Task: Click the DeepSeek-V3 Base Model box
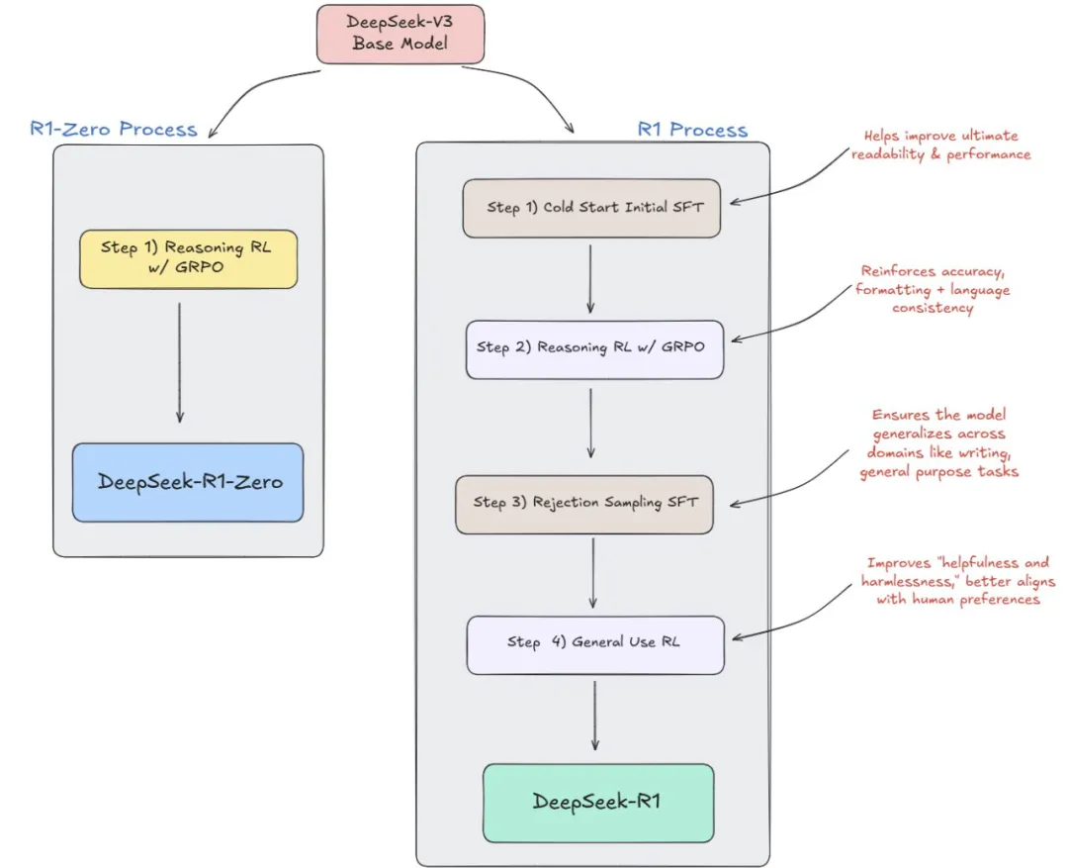pyautogui.click(x=400, y=34)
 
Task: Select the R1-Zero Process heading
pyautogui.click(x=114, y=129)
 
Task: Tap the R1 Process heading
pyautogui.click(x=692, y=130)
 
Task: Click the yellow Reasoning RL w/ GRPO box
pyautogui.click(x=188, y=259)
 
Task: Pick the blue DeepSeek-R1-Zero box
pyautogui.click(x=188, y=483)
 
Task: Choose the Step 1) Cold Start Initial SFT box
pyautogui.click(x=591, y=208)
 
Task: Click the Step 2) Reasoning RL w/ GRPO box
pyautogui.click(x=594, y=349)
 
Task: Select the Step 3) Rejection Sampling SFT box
pyautogui.click(x=584, y=505)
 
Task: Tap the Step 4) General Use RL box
pyautogui.click(x=595, y=645)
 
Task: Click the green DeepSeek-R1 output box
pyautogui.click(x=598, y=804)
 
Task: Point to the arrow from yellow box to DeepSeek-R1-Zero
pyautogui.click(x=180, y=363)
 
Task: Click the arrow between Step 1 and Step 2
pyautogui.click(x=590, y=279)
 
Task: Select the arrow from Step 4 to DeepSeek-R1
pyautogui.click(x=594, y=716)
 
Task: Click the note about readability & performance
pyautogui.click(x=940, y=145)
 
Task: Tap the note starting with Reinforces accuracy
pyautogui.click(x=933, y=290)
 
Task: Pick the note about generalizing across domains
pyautogui.click(x=938, y=443)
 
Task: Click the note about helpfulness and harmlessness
pyautogui.click(x=957, y=581)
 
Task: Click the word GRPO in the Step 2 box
pyautogui.click(x=682, y=347)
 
